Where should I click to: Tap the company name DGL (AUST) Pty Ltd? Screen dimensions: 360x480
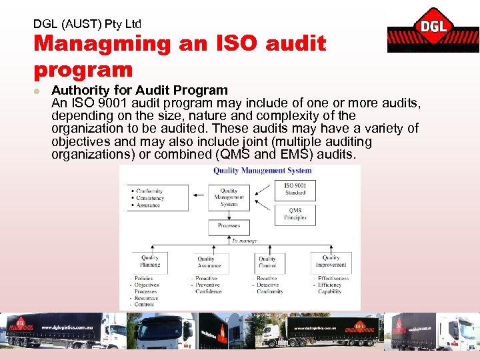[x=87, y=23]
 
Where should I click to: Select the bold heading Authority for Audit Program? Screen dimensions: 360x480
[x=140, y=90]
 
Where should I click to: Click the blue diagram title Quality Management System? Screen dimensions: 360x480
[x=262, y=171]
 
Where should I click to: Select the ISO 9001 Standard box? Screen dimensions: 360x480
[x=295, y=189]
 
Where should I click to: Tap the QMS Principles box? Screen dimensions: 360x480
[x=295, y=214]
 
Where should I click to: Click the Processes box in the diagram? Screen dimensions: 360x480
[x=229, y=226]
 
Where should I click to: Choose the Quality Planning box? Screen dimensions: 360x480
[x=150, y=261]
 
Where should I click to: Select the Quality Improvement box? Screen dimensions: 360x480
[x=331, y=261]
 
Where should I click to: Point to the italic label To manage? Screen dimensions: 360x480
[x=244, y=241]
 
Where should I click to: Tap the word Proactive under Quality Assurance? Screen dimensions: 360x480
[x=207, y=279]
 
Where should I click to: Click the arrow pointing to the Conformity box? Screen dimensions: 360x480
[x=199, y=195]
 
